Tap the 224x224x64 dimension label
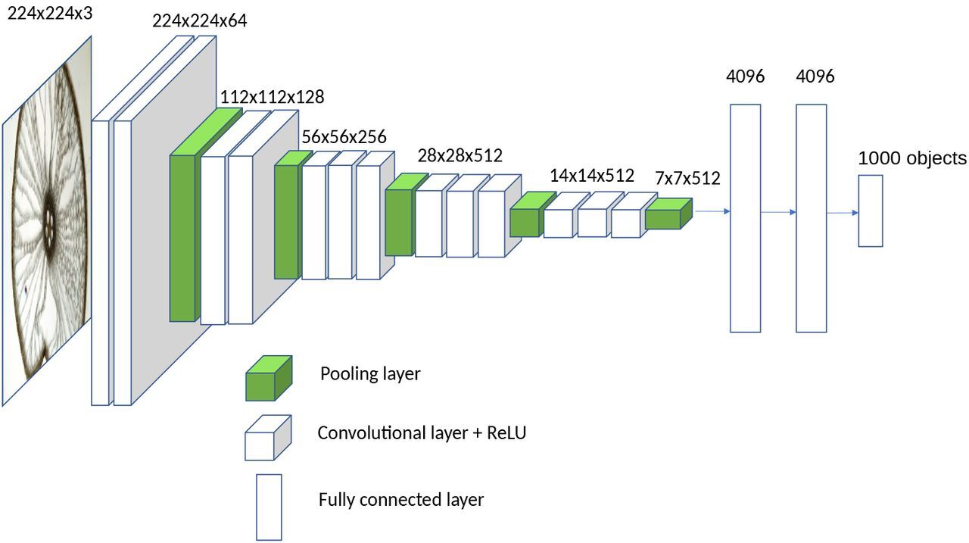[x=199, y=21]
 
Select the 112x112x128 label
[x=272, y=97]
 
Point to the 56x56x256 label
[x=344, y=137]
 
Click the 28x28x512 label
[x=460, y=155]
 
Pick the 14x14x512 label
[x=591, y=176]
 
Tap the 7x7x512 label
[x=687, y=179]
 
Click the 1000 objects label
[x=911, y=158]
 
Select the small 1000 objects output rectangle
[x=870, y=211]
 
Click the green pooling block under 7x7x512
[x=667, y=215]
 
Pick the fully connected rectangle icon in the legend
[x=269, y=507]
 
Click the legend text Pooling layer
[x=369, y=374]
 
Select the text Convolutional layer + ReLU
[x=421, y=433]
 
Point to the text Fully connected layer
[x=400, y=500]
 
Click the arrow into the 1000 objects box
[x=842, y=213]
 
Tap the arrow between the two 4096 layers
[x=778, y=212]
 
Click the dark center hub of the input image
[x=50, y=220]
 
